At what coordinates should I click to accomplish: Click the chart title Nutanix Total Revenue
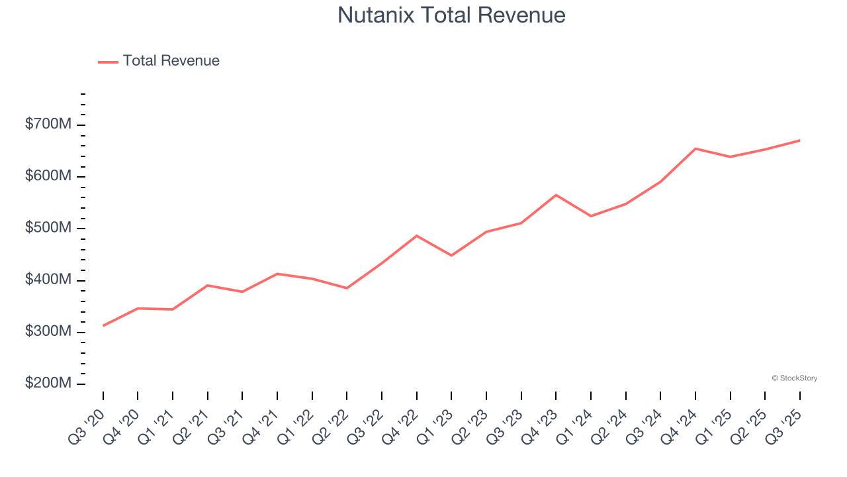[x=451, y=15]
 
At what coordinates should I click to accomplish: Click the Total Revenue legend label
[x=171, y=61]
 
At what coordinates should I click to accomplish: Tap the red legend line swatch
[x=108, y=62]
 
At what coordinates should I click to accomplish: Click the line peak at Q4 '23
[x=556, y=195]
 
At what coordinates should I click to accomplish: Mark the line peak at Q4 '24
[x=695, y=148]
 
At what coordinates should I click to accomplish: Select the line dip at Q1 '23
[x=451, y=255]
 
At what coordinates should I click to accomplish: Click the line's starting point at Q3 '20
[x=103, y=325]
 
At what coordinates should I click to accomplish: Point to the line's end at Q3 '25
[x=799, y=140]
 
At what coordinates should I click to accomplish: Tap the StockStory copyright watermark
[x=794, y=378]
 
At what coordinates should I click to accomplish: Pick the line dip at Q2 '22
[x=347, y=288]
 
